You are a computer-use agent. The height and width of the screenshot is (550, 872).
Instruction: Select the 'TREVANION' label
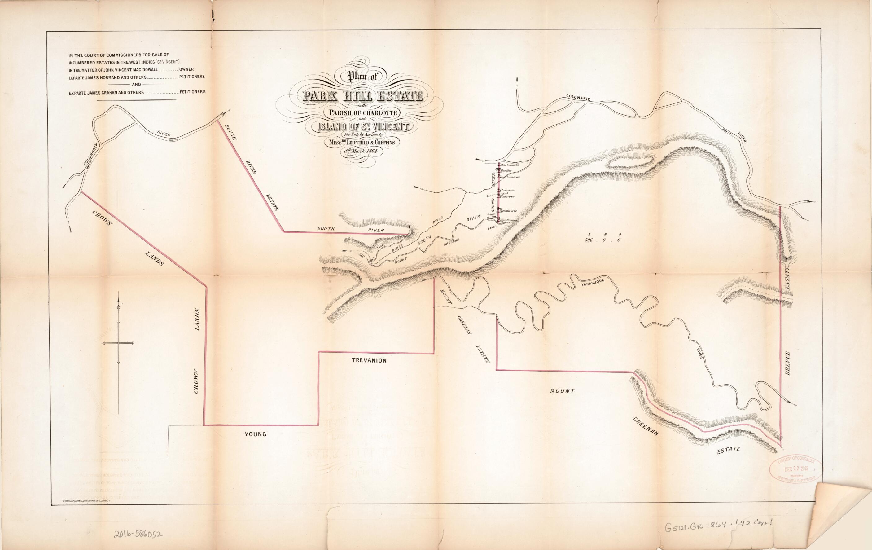pos(369,360)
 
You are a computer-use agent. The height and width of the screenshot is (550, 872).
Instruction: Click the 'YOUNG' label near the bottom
pos(255,434)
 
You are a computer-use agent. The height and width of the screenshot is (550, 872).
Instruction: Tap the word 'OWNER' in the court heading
pos(187,69)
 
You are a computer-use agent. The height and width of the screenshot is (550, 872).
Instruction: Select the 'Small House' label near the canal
pos(490,217)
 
